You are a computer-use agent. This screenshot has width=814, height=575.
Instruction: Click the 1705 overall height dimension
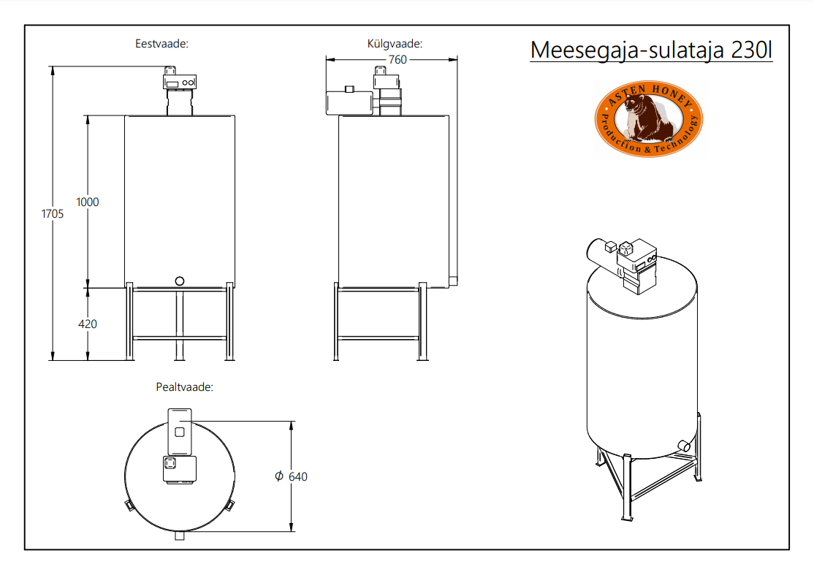pyautogui.click(x=53, y=214)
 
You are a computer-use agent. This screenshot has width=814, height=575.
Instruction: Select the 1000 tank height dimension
pyautogui.click(x=87, y=202)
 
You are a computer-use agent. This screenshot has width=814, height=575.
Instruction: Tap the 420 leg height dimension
pyautogui.click(x=87, y=324)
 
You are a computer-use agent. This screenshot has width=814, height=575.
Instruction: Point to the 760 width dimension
pyautogui.click(x=398, y=60)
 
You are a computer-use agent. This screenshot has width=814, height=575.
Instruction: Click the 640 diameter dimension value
pyautogui.click(x=298, y=476)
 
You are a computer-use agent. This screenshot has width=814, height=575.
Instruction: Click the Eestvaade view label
pyautogui.click(x=161, y=44)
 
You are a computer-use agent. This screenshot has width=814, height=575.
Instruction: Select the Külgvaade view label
pyautogui.click(x=395, y=44)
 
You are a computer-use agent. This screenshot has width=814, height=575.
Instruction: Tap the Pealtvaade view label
pyautogui.click(x=184, y=387)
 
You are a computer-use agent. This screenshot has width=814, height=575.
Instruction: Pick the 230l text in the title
pyautogui.click(x=751, y=50)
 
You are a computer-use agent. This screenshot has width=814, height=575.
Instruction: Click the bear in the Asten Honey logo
pyautogui.click(x=647, y=119)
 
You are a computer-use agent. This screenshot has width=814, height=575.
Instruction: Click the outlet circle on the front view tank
pyautogui.click(x=180, y=281)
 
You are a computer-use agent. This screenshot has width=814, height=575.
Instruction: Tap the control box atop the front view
pyautogui.click(x=180, y=82)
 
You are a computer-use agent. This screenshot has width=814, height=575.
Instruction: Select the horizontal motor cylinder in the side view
pyautogui.click(x=349, y=103)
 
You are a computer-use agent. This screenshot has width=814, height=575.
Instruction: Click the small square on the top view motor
pyautogui.click(x=180, y=432)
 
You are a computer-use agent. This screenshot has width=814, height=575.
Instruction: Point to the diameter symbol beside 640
pyautogui.click(x=279, y=476)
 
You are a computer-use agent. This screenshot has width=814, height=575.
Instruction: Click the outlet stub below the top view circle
pyautogui.click(x=180, y=536)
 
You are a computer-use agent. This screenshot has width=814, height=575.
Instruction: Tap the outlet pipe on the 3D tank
pyautogui.click(x=684, y=445)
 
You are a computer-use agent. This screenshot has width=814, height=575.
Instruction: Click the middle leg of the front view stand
pyautogui.click(x=180, y=324)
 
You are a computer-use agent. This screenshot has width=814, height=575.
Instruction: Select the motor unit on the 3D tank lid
pyautogui.click(x=623, y=264)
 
